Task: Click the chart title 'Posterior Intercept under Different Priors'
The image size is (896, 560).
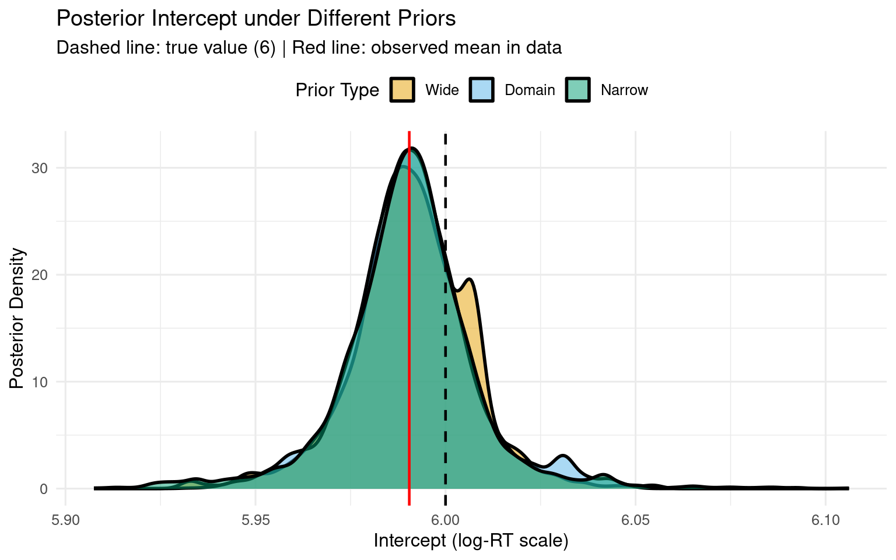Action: [256, 19]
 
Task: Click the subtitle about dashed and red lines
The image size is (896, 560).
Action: [309, 48]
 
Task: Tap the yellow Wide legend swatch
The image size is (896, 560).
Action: [402, 90]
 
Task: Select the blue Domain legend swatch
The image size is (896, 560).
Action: [482, 90]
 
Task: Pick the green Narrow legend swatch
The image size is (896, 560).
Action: [577, 90]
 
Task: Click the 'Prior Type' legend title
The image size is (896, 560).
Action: [337, 90]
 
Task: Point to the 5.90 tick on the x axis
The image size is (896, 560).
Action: [65, 519]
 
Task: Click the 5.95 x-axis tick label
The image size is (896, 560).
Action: [256, 519]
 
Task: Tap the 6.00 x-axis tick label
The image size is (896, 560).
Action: [446, 519]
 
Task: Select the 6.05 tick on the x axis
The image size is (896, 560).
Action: [635, 519]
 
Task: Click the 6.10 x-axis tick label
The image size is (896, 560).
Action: [825, 519]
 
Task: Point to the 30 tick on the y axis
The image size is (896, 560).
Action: [40, 168]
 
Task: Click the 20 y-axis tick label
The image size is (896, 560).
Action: [40, 275]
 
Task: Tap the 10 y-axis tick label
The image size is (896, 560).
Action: [40, 382]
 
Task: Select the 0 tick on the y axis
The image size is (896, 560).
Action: [44, 489]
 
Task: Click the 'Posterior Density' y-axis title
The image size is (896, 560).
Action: [17, 318]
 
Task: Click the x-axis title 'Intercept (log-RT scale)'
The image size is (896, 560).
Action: [471, 541]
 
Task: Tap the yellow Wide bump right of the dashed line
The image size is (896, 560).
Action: [473, 327]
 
